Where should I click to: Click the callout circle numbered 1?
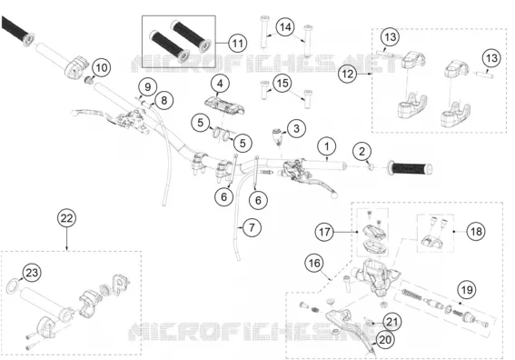click(326, 146)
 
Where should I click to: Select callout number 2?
click(361, 152)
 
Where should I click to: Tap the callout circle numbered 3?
click(296, 128)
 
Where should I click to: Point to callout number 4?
click(220, 84)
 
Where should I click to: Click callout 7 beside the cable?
click(252, 227)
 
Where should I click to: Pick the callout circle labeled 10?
click(102, 67)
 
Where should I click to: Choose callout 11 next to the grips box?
click(237, 43)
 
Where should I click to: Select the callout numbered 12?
click(348, 74)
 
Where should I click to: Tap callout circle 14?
click(285, 27)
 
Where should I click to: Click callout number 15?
click(282, 84)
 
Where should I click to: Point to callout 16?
click(314, 263)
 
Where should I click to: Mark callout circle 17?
click(324, 232)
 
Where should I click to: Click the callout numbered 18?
click(476, 232)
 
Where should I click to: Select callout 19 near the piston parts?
click(467, 290)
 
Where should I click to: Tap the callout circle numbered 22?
click(66, 218)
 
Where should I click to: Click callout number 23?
click(32, 273)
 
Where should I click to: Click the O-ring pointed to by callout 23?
click(13, 286)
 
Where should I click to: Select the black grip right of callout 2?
click(411, 169)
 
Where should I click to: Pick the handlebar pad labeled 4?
click(224, 105)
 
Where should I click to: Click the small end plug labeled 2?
click(371, 167)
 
